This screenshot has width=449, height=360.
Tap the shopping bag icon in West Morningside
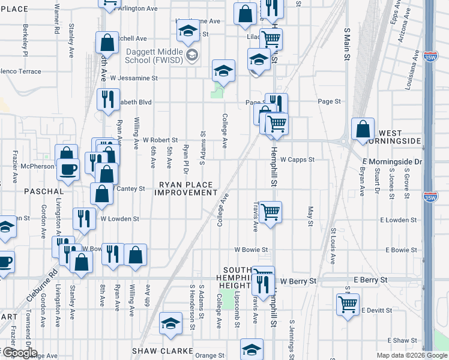pyautogui.click(x=363, y=129)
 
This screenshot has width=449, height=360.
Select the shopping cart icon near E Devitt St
pyautogui.click(x=348, y=304)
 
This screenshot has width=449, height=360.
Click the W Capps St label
pyautogui.click(x=297, y=160)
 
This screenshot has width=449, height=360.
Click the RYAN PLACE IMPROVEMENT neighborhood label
pyautogui.click(x=185, y=188)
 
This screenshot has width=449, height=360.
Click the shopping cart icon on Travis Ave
pyautogui.click(x=270, y=211)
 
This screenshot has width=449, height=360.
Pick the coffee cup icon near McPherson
pyautogui.click(x=68, y=169)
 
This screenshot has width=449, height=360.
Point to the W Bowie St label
pyautogui.click(x=251, y=249)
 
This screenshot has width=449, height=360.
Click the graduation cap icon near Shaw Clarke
pyautogui.click(x=171, y=323)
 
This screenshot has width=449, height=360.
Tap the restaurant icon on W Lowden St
pyautogui.click(x=83, y=218)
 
